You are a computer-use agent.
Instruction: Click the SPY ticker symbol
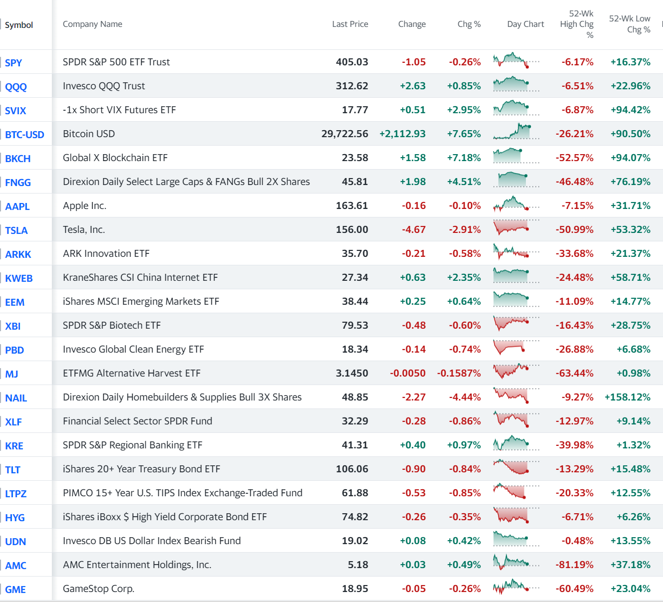[x=13, y=63]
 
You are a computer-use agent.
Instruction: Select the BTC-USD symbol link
[x=24, y=135]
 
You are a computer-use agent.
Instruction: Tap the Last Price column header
[x=350, y=24]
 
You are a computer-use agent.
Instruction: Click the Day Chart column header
[x=525, y=24]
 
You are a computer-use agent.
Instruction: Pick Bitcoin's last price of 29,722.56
[x=344, y=134]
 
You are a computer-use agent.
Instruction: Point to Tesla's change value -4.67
[x=414, y=229]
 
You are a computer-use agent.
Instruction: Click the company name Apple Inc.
[x=84, y=205]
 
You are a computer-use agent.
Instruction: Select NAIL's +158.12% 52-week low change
[x=627, y=397]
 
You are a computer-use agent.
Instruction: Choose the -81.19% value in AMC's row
[x=574, y=565]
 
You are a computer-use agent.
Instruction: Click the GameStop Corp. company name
[x=98, y=589]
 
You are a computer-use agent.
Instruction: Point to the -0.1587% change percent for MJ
[x=459, y=373]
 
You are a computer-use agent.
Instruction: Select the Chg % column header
[x=469, y=24]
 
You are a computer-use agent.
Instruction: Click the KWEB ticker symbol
[x=18, y=278]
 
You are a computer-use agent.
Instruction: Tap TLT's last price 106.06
[x=352, y=469]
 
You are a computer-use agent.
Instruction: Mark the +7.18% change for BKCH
[x=464, y=158]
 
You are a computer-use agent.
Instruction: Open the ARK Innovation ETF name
[x=106, y=253]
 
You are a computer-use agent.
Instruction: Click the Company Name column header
[x=92, y=24]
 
